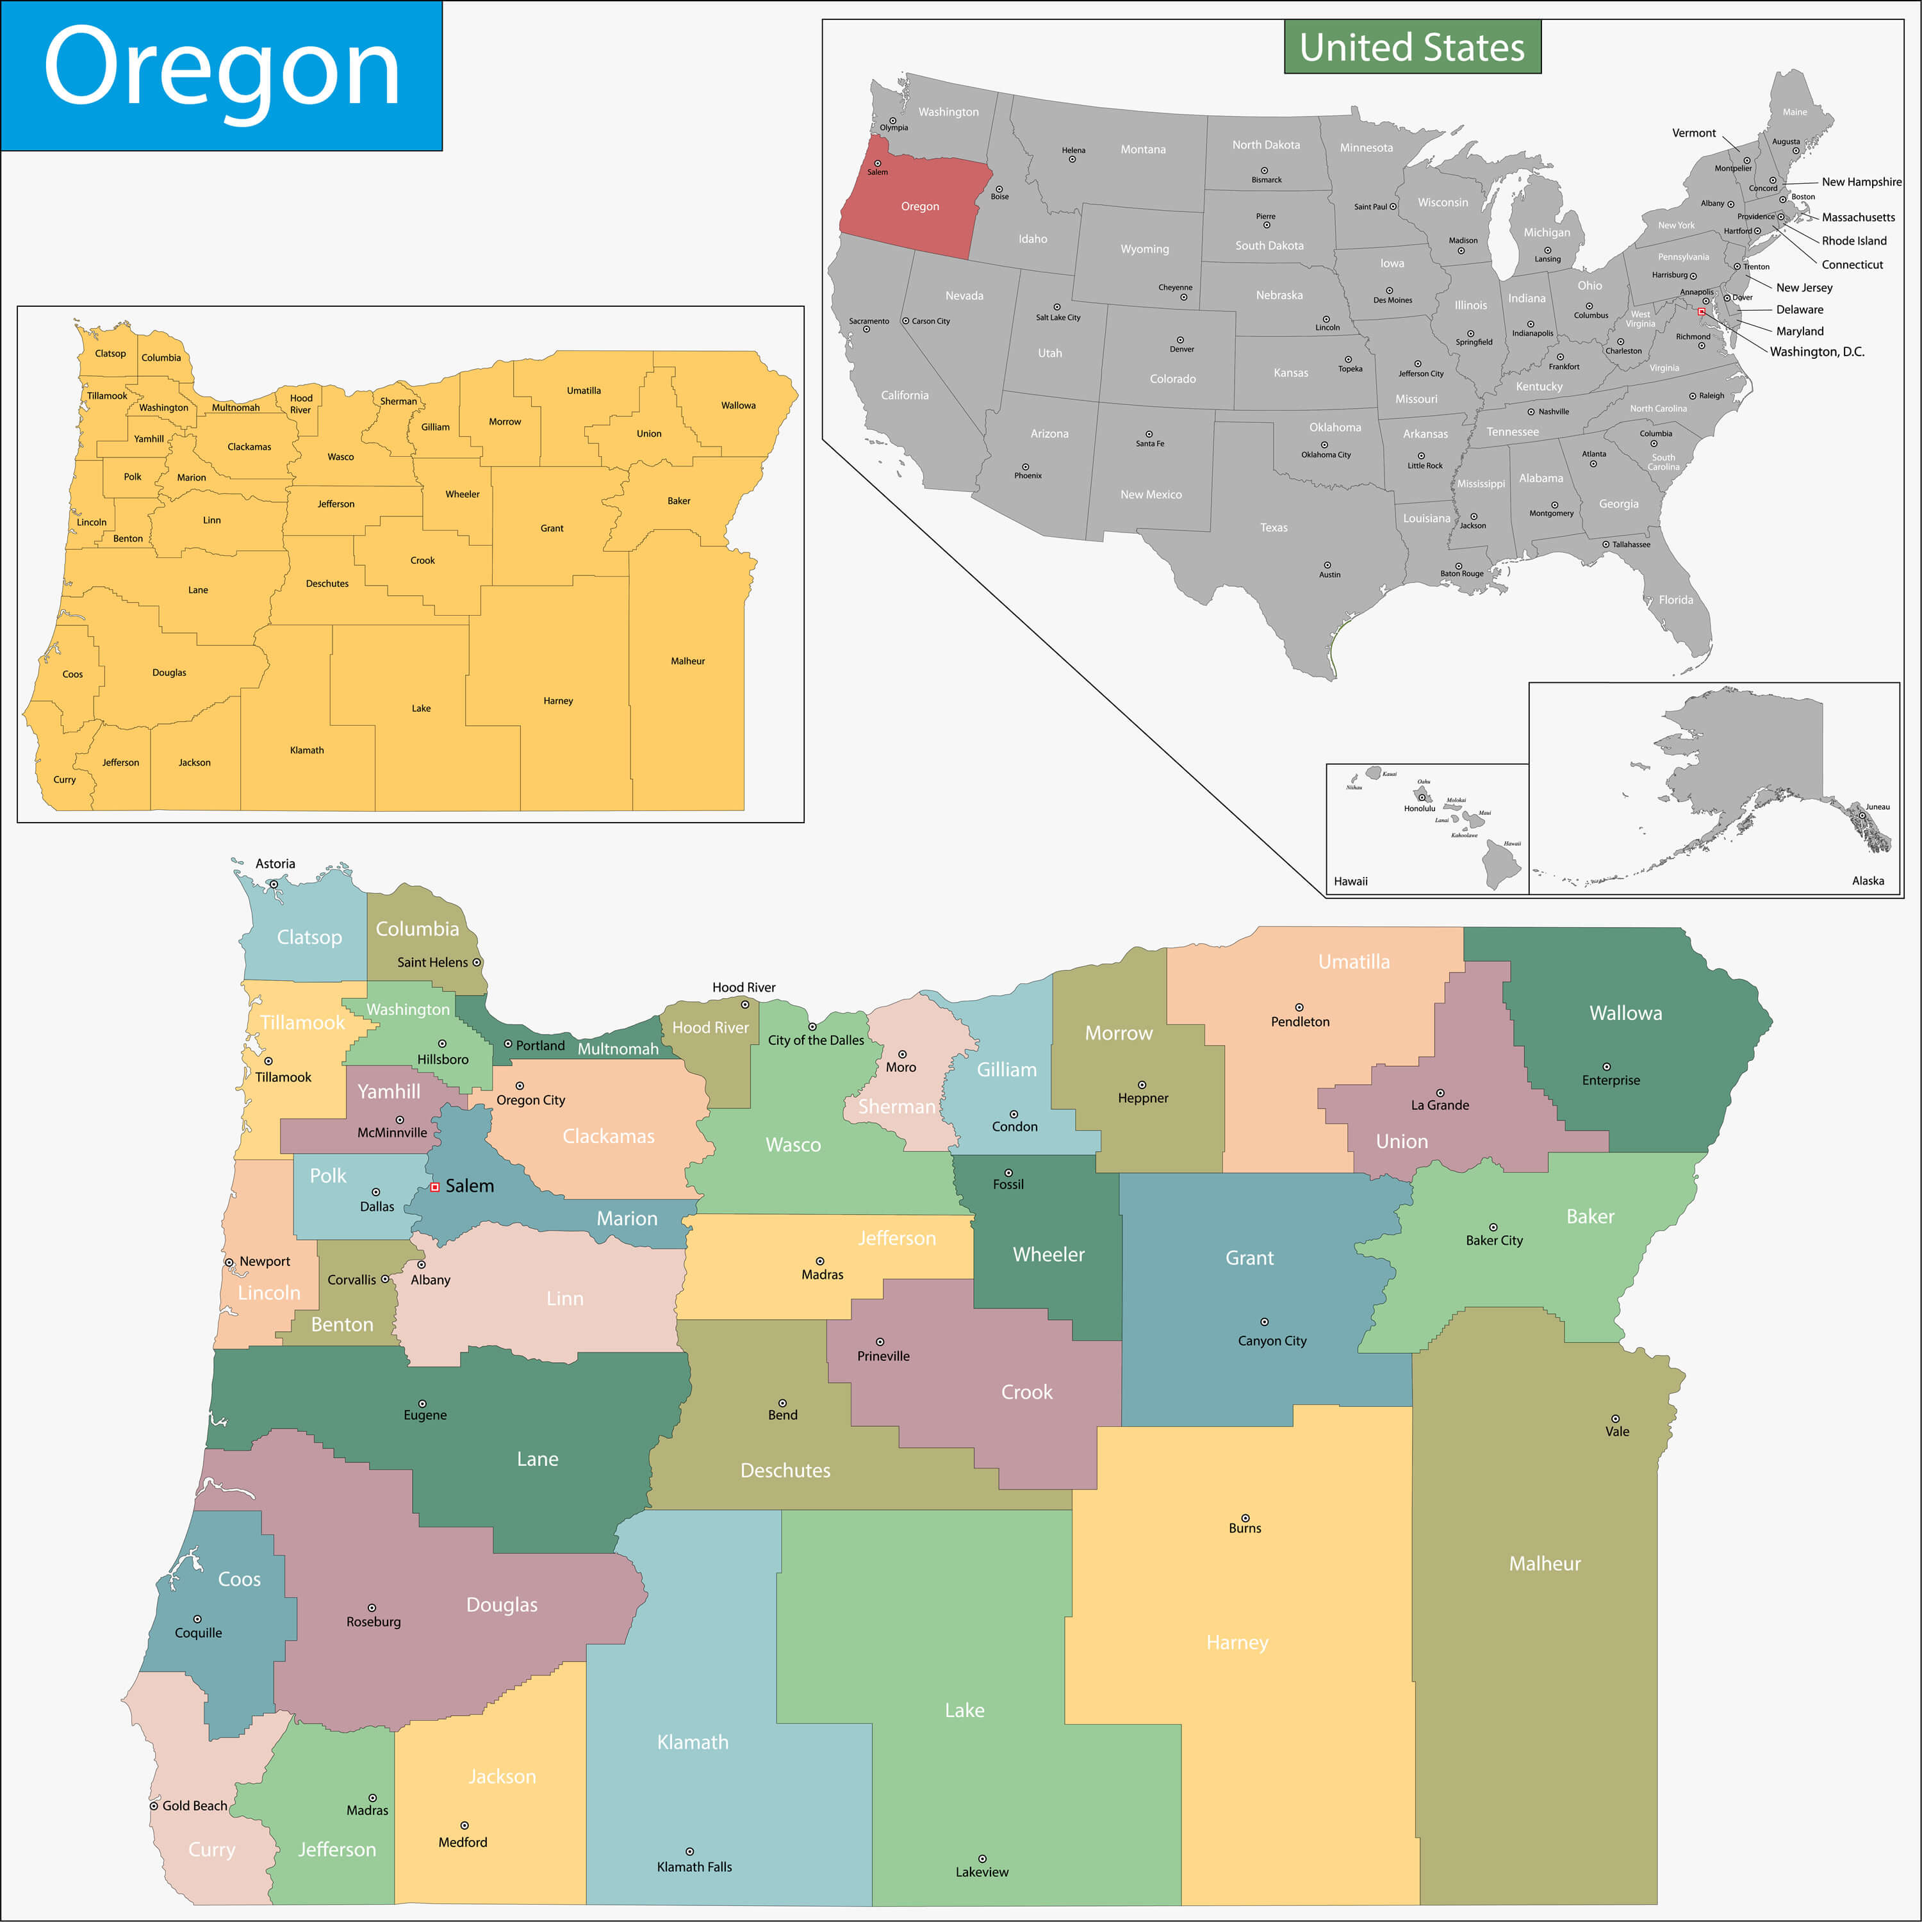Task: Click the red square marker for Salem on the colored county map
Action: [435, 1187]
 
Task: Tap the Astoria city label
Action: [275, 864]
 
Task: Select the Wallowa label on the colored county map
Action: [1625, 1013]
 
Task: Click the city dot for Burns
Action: [1245, 1518]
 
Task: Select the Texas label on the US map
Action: [1274, 527]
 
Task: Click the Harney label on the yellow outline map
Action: [558, 700]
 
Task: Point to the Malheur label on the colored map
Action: [1544, 1564]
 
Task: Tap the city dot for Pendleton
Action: [1298, 1008]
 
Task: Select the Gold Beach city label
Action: [194, 1805]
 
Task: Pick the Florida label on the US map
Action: [1675, 600]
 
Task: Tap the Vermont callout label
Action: [1693, 133]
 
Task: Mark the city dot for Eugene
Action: [422, 1404]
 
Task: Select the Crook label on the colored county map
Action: [1026, 1392]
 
